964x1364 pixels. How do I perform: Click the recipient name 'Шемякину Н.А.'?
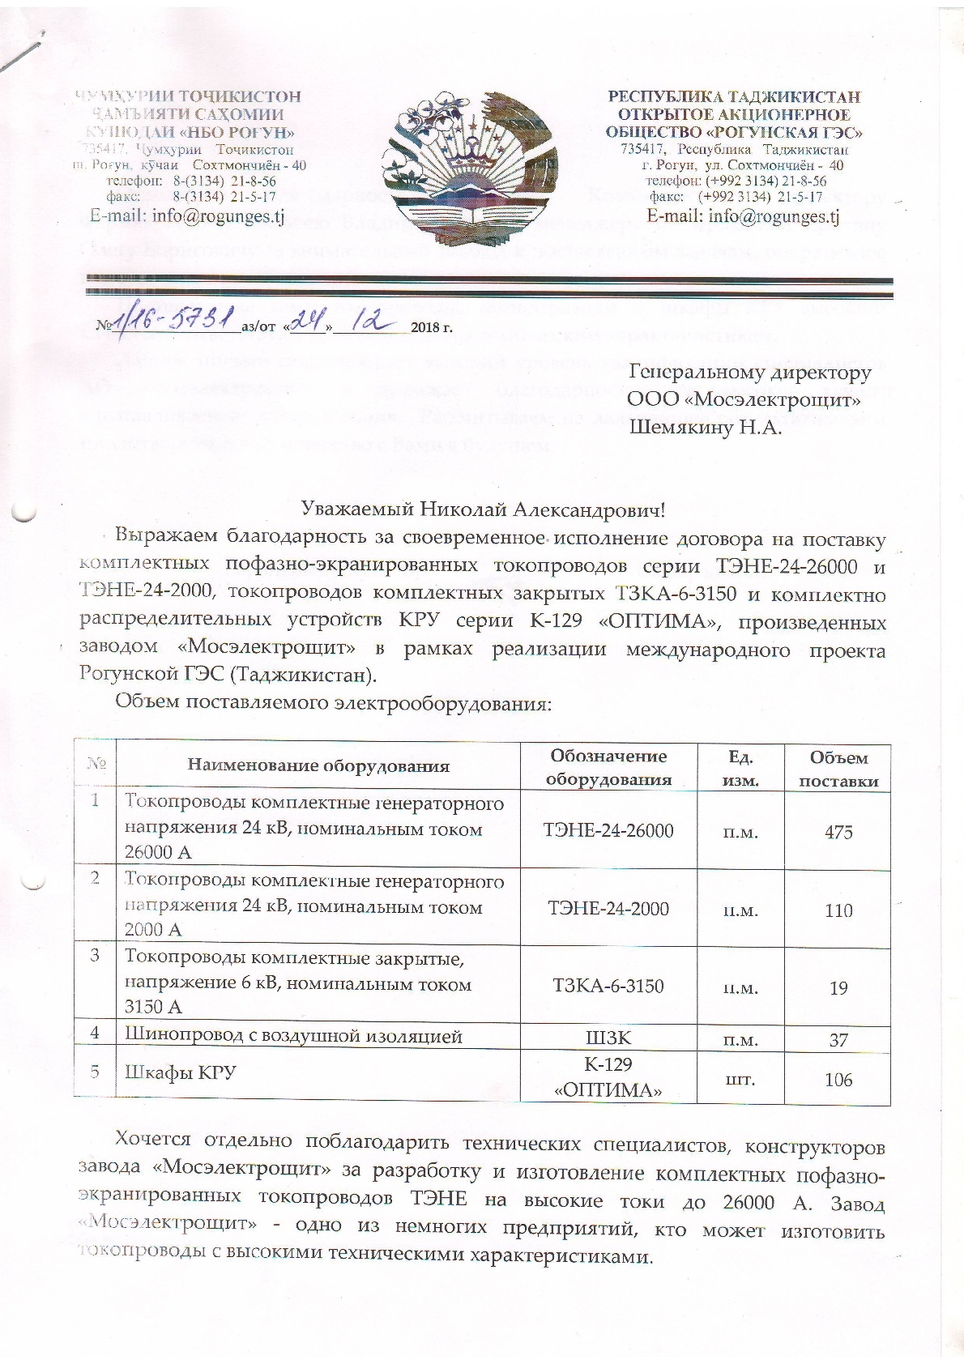coord(705,428)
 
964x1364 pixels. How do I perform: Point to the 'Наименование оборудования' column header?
coord(318,765)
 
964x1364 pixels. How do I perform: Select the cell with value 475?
coord(838,831)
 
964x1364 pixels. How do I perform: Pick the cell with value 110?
coord(838,910)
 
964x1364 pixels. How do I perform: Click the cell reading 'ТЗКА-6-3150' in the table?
coord(608,986)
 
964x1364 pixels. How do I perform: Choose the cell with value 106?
coord(838,1079)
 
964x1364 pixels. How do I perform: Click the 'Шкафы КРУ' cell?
coord(179,1072)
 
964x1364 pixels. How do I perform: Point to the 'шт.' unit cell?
coord(740,1079)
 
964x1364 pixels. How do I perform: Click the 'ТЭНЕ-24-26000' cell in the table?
coord(608,830)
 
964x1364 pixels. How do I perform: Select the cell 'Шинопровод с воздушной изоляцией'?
coord(292,1034)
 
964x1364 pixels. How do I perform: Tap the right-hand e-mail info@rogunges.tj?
coord(742,216)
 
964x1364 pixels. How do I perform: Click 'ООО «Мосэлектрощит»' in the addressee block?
coord(744,399)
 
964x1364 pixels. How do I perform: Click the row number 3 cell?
coord(95,955)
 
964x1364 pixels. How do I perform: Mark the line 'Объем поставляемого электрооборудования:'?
coord(333,702)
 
